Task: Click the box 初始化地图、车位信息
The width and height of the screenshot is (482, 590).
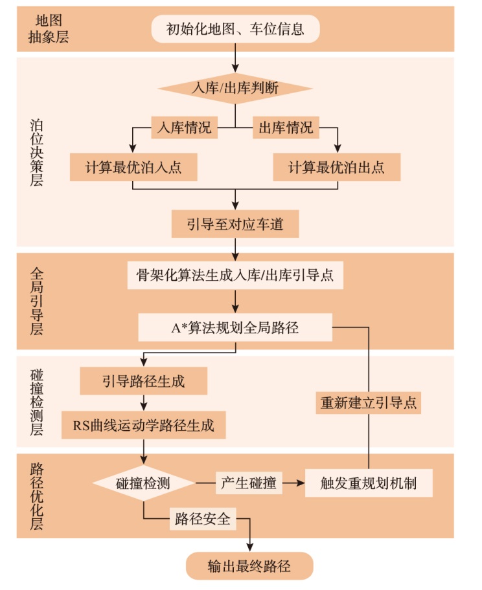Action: pos(235,29)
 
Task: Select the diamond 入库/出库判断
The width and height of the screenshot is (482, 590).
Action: pos(235,88)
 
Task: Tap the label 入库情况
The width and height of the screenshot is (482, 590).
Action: pos(185,127)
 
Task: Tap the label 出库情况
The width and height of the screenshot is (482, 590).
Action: pos(286,127)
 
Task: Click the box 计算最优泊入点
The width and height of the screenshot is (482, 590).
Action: pos(133,168)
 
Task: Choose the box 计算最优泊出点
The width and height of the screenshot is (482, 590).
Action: pos(336,168)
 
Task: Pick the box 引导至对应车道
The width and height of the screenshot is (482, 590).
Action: pos(235,224)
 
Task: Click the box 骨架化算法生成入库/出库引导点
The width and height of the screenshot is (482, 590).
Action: pos(235,274)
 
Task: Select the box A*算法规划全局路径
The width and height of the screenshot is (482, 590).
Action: pos(235,327)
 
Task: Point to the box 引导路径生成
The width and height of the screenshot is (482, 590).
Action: pos(143,381)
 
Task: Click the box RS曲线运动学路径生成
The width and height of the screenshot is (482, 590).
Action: pos(143,426)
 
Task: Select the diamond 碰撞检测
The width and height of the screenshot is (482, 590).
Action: pos(143,483)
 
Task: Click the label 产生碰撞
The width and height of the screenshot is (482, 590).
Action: pos(249,483)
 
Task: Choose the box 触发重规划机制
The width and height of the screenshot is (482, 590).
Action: pos(369,483)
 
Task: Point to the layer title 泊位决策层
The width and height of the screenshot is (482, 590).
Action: pos(36,152)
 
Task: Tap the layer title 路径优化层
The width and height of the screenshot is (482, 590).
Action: pos(36,496)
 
